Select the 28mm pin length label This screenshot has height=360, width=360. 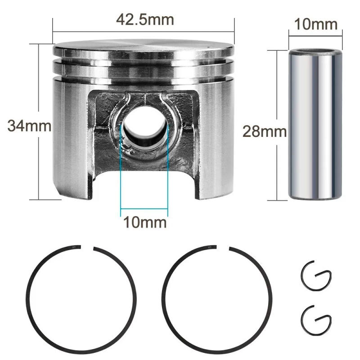[x=265, y=131]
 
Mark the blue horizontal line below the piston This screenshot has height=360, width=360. [x=144, y=209]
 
